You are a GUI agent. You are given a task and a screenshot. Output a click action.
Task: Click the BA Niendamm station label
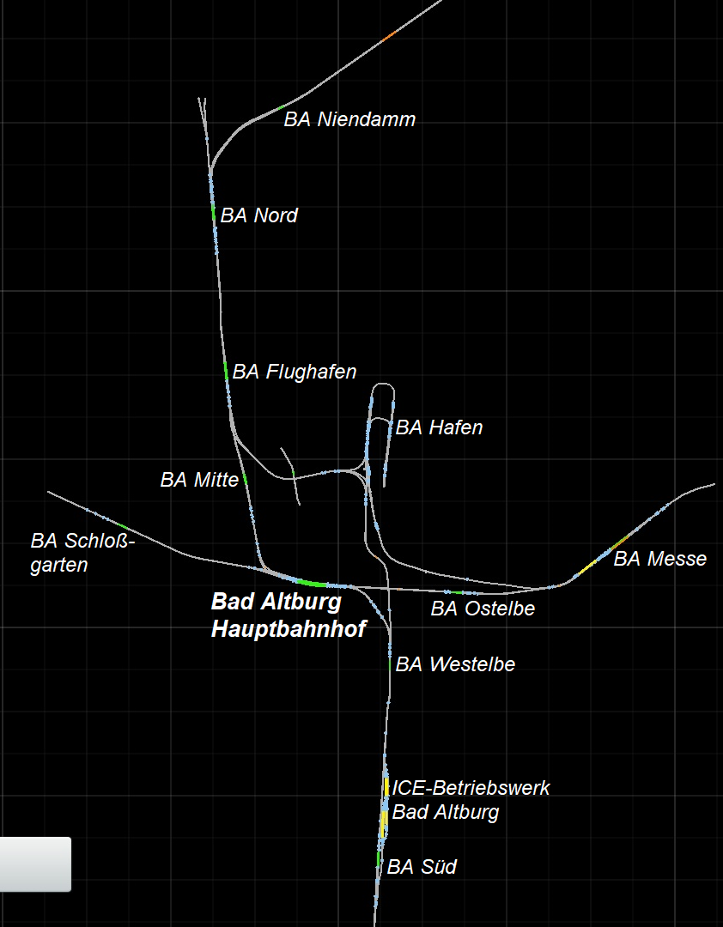349,119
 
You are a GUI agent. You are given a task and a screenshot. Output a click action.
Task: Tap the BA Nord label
258,215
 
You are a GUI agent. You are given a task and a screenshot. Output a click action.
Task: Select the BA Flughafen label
294,372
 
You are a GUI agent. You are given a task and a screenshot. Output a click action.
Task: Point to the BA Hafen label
439,427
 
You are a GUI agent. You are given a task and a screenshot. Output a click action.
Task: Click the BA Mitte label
199,480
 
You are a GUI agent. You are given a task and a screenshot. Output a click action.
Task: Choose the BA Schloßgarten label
82,553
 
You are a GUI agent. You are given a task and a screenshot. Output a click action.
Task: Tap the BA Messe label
659,559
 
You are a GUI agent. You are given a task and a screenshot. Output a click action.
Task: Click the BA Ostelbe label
483,609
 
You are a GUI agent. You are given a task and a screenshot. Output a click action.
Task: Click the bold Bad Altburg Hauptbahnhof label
289,615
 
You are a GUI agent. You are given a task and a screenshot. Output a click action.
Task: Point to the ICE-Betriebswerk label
471,788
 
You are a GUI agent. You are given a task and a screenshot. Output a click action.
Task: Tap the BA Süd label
422,867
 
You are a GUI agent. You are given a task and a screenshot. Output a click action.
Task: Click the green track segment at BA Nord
214,214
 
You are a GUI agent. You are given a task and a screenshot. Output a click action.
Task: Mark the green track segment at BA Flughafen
226,372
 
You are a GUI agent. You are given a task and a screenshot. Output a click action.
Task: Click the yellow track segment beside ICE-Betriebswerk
386,786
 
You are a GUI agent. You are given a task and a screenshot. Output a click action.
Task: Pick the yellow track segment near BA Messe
586,567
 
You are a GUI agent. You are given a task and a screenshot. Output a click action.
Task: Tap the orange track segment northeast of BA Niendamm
388,36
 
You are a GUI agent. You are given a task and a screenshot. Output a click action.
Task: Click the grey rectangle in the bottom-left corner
34,863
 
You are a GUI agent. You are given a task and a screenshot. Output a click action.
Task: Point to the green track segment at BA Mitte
246,479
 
